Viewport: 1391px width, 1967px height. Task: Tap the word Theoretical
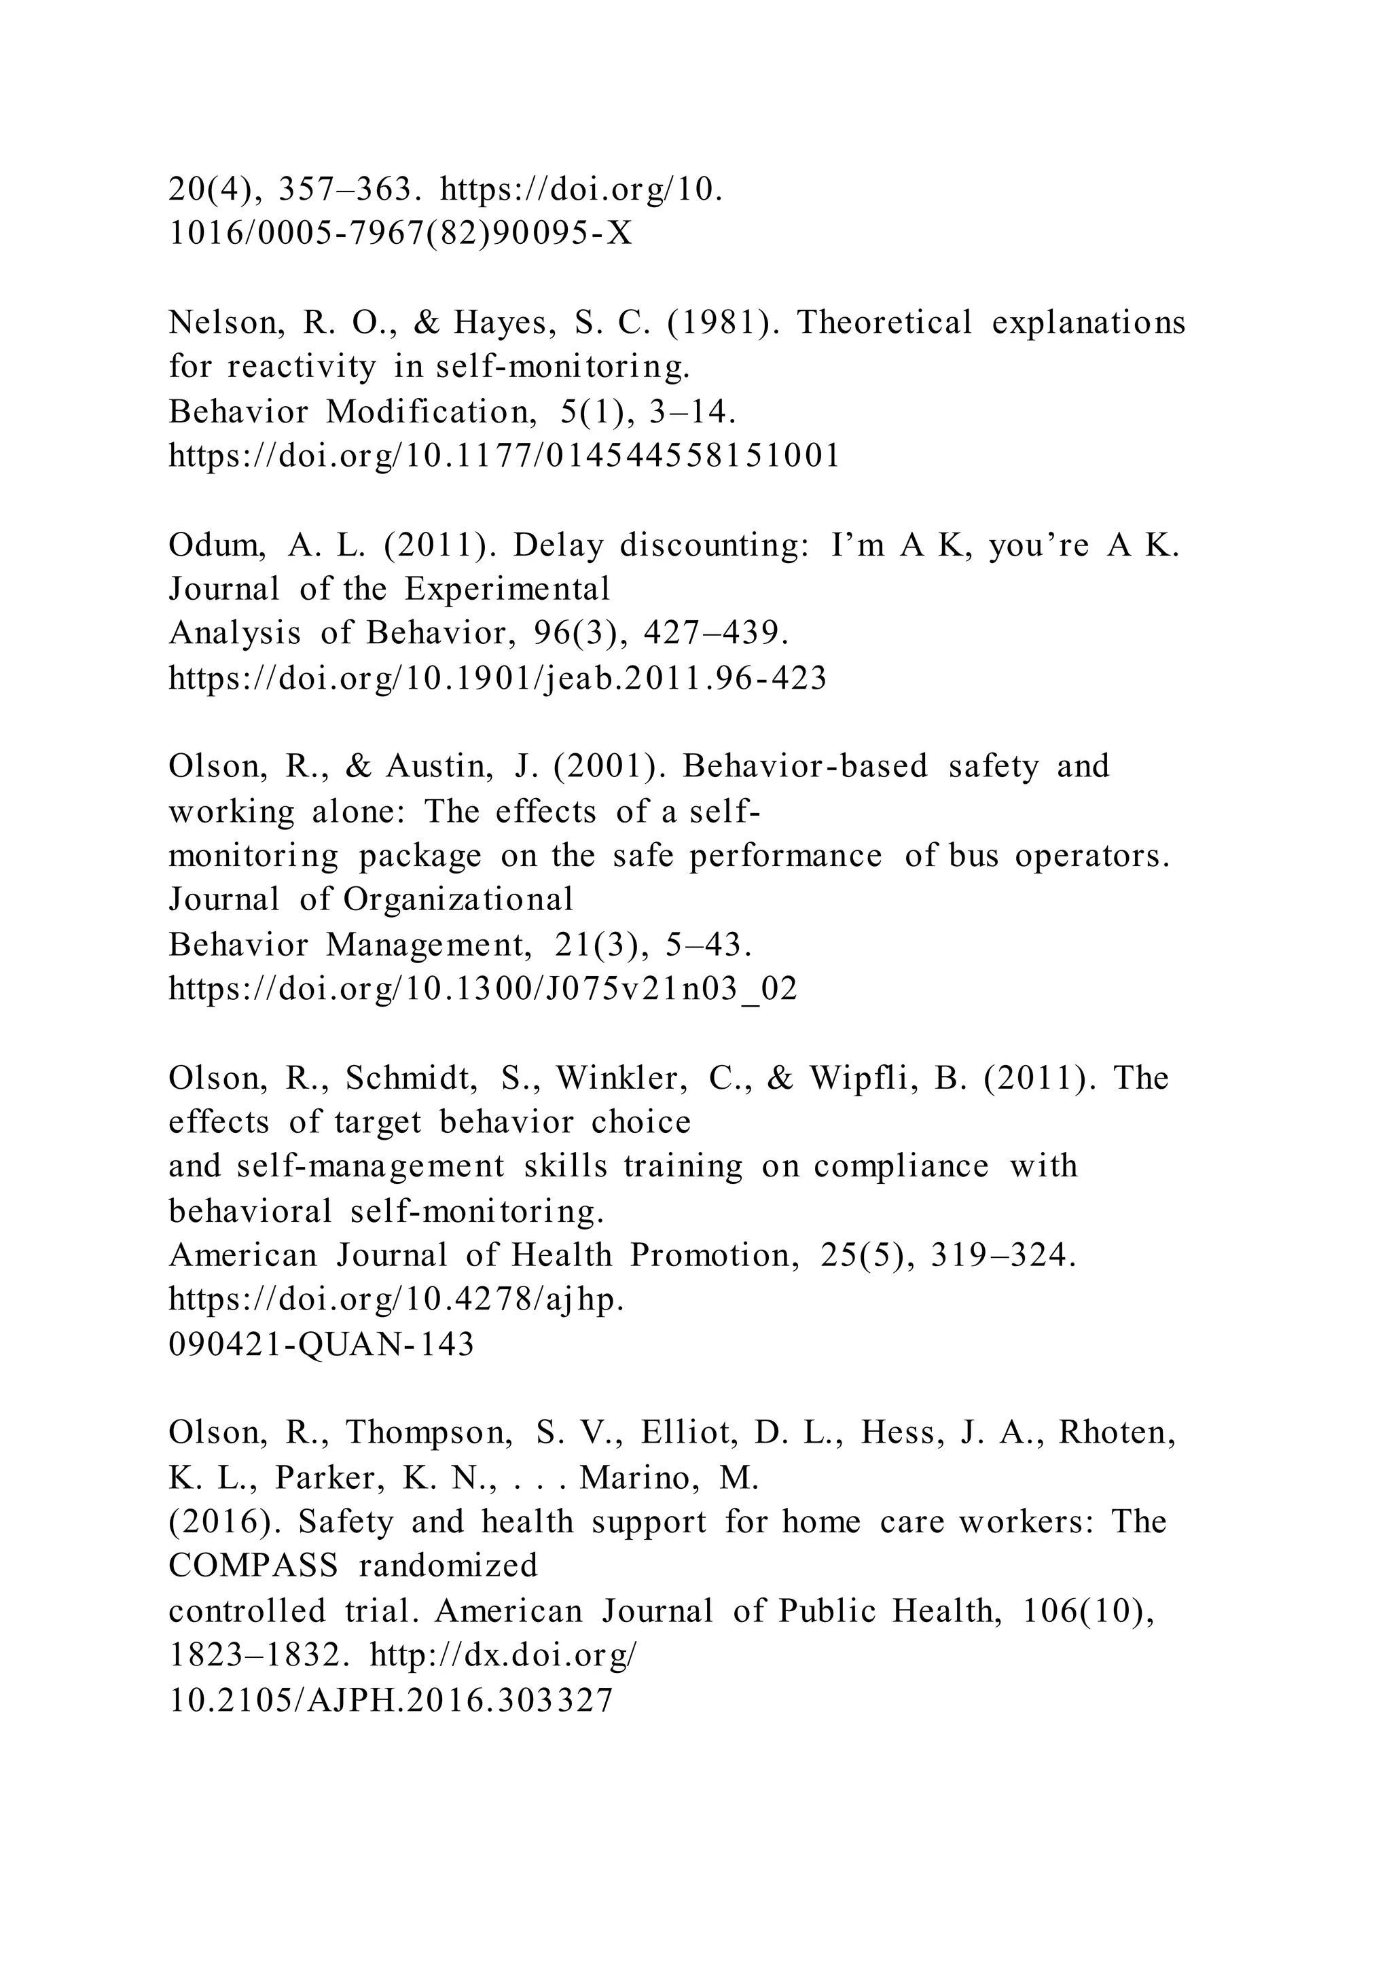(x=885, y=323)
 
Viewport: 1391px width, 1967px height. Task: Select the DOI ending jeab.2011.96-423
(x=498, y=679)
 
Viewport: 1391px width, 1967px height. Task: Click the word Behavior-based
(x=805, y=766)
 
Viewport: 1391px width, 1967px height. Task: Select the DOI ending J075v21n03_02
(x=483, y=990)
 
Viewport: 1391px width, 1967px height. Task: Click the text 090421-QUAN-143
(x=321, y=1344)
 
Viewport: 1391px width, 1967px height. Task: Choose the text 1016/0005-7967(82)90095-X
(x=401, y=234)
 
